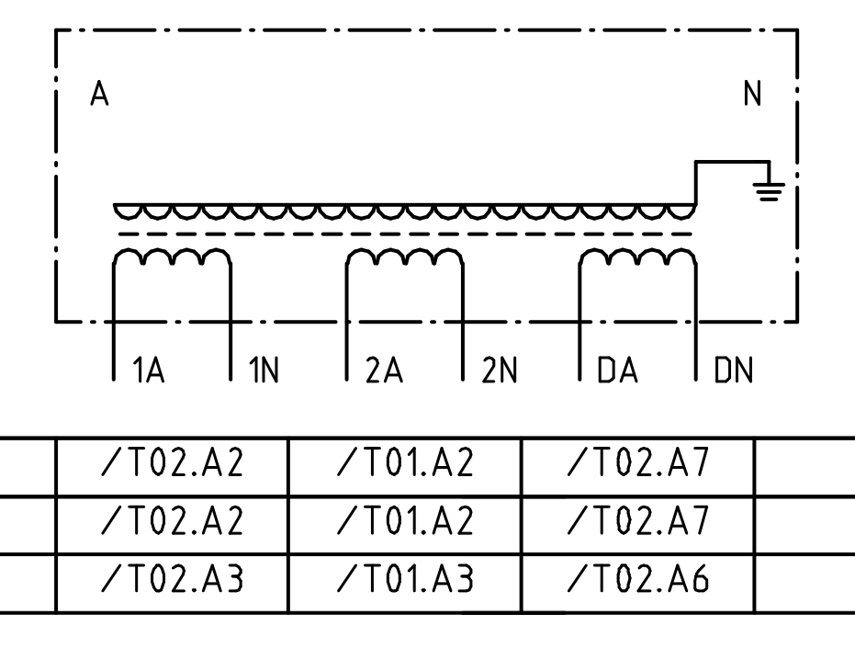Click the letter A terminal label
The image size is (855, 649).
tap(99, 94)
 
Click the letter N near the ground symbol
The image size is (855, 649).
tap(752, 94)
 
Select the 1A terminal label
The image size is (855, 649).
tap(149, 370)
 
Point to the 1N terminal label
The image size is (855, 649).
tap(264, 370)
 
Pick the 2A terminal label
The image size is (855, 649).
tap(384, 370)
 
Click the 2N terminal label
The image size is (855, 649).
tap(499, 370)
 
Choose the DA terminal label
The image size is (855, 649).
tap(617, 370)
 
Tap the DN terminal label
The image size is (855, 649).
tap(734, 370)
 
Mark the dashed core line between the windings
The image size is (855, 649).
tap(405, 234)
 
